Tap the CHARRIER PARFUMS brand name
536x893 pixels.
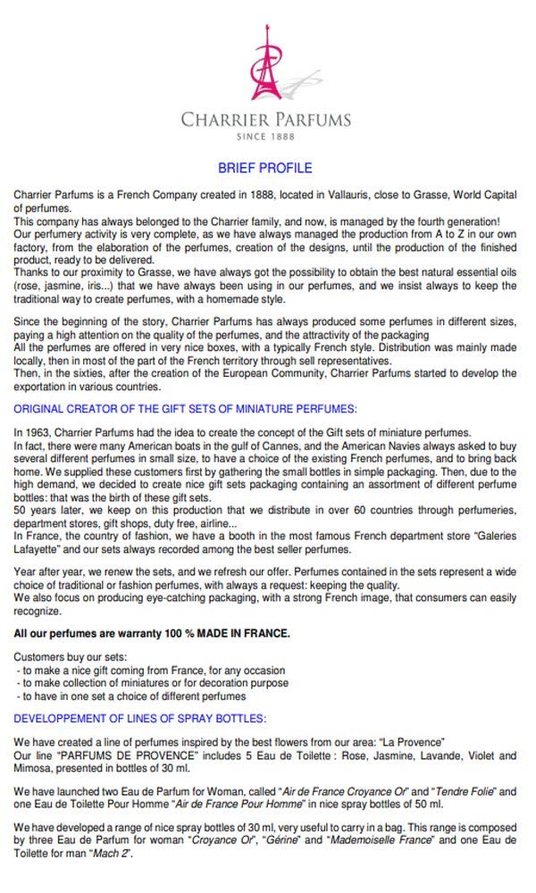click(x=266, y=120)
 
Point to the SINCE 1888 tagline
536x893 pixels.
click(x=265, y=137)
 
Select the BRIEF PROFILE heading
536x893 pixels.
click(x=265, y=168)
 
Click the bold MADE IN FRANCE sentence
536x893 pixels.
click(x=152, y=633)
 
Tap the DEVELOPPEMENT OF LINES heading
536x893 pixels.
click(x=140, y=719)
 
